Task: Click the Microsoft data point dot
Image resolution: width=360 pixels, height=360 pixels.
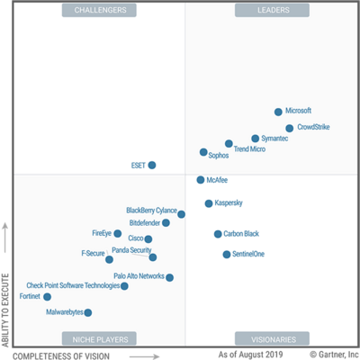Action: [278, 112]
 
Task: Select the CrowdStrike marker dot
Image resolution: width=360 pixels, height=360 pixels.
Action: [289, 128]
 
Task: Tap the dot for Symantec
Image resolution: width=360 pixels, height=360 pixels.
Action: [256, 139]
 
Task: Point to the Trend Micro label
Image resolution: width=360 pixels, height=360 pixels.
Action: [249, 149]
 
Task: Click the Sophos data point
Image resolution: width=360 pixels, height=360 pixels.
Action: [203, 152]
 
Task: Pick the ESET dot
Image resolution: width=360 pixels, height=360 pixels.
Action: [152, 165]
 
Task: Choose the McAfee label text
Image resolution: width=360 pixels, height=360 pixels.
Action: [217, 180]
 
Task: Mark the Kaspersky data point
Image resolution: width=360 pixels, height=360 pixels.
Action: [209, 203]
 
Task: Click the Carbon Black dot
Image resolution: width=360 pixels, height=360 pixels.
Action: [218, 234]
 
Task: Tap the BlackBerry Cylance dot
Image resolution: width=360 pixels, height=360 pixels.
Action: [181, 214]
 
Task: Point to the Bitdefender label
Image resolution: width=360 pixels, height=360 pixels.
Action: [144, 222]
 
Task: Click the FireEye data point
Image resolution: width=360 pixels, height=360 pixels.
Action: [117, 233]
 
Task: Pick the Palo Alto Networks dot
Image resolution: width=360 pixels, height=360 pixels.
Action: [169, 277]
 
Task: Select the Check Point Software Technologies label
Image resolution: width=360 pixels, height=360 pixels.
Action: [73, 285]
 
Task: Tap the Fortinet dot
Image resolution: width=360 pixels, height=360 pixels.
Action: [47, 296]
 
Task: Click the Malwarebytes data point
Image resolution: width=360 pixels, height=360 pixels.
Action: [87, 312]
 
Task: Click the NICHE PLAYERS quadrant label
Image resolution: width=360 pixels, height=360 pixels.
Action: [99, 339]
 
